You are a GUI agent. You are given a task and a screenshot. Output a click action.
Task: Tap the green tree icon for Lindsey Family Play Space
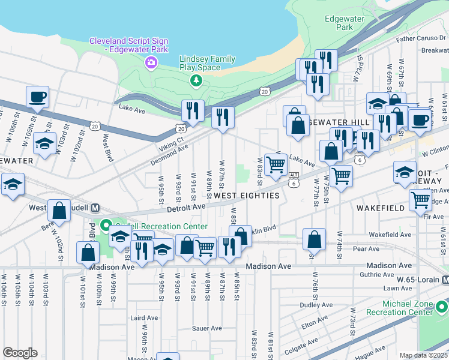195,80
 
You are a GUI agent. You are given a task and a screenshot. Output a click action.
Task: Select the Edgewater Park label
344,23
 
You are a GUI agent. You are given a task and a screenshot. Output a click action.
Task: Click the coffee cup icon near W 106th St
37,97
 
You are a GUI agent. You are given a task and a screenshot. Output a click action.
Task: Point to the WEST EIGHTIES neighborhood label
247,196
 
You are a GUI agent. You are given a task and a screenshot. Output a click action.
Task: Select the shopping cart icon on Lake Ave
276,163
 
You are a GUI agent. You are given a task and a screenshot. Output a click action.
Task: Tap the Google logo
20,353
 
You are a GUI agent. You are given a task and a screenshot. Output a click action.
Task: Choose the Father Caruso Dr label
421,38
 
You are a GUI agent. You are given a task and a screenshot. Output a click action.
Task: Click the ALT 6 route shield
294,178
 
